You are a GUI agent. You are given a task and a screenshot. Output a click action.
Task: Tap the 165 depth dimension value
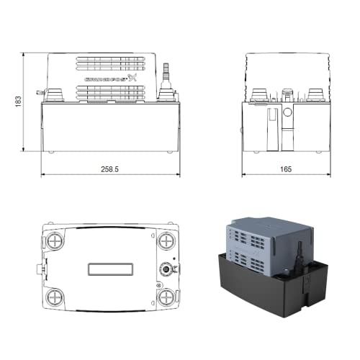coord(286,169)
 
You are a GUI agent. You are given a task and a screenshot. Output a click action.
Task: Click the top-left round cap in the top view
coord(55,240)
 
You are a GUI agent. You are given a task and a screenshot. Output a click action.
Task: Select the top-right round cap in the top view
coord(166,240)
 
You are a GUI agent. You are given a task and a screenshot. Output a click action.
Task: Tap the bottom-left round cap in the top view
coord(55,297)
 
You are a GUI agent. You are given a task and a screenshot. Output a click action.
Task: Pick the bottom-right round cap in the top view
coord(166,297)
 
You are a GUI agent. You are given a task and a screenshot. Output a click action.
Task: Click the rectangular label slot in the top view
coord(110,269)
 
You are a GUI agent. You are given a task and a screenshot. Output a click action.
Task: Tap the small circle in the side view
coord(287,114)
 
